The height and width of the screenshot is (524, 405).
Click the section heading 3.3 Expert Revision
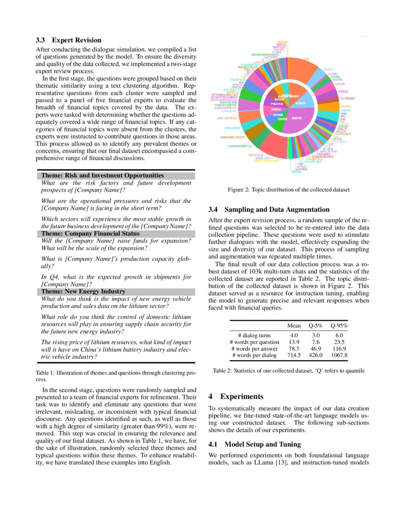click(69, 40)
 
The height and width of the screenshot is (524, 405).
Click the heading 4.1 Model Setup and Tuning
click(255, 444)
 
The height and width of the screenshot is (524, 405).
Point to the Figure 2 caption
click(289, 190)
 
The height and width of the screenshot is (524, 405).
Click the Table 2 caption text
click(289, 371)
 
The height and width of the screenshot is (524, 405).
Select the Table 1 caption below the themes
click(116, 376)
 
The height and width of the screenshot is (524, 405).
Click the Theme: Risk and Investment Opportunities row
click(102, 176)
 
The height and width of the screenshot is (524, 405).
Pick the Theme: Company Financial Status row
click(90, 234)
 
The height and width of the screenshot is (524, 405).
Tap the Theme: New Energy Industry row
click(83, 292)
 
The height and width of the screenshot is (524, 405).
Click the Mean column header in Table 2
click(294, 326)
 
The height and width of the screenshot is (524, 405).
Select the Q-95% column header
click(339, 326)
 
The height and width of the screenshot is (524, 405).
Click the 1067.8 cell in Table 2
click(339, 355)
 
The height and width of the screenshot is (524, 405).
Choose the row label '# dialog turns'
click(254, 335)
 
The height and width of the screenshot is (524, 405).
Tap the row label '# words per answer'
click(254, 349)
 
